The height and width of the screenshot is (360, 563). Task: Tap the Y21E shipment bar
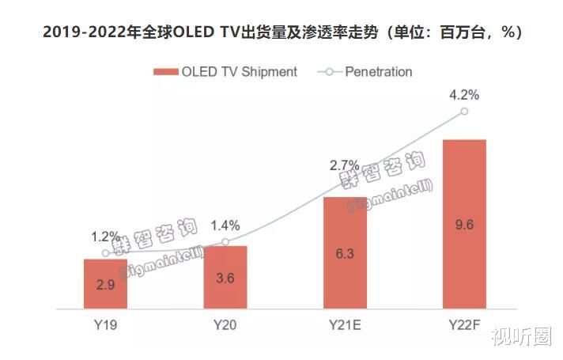pyautogui.click(x=345, y=252)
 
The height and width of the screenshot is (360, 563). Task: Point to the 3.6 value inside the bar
pyautogui.click(x=225, y=279)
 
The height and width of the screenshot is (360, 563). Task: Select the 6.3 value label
pyautogui.click(x=345, y=253)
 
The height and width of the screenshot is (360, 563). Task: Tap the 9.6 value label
pyautogui.click(x=464, y=224)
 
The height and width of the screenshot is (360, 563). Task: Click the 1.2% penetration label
pyautogui.click(x=105, y=237)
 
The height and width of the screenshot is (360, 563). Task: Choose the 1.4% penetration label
pyautogui.click(x=225, y=225)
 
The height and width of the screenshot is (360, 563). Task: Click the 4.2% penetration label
pyautogui.click(x=464, y=94)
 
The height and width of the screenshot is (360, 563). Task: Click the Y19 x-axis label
pyautogui.click(x=105, y=324)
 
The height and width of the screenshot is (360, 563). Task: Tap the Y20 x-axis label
pyautogui.click(x=225, y=324)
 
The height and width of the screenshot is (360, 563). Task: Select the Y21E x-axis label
pyautogui.click(x=345, y=324)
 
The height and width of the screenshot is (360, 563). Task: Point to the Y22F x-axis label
pyautogui.click(x=464, y=324)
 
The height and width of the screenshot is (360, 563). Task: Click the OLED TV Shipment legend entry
pyautogui.click(x=225, y=71)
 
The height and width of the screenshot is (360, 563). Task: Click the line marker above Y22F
pyautogui.click(x=464, y=112)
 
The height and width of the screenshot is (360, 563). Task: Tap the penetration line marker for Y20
pyautogui.click(x=225, y=241)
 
